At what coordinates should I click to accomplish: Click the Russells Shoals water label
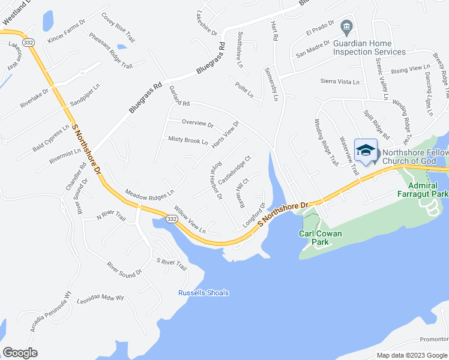pos(203,293)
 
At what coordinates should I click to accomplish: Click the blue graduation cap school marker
pos(365,151)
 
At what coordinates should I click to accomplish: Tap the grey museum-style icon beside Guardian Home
pos(346,27)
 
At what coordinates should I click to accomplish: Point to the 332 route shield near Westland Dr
pos(28,43)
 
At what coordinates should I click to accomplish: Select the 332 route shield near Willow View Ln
pos(172,220)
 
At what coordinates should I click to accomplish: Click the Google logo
pos(20,352)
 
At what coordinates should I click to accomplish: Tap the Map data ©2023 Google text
pos(412,355)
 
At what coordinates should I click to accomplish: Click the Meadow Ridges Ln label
pos(149,194)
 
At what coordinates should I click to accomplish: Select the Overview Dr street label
pos(197,123)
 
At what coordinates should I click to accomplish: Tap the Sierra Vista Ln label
pos(340,82)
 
